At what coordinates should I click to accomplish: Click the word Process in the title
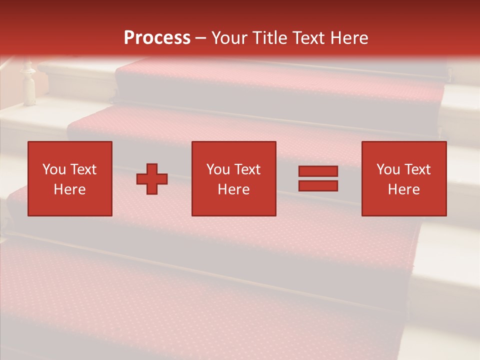tap(157, 38)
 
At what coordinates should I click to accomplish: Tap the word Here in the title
tap(348, 38)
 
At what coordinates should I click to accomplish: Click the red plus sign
tap(152, 178)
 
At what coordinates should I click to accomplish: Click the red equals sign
tap(318, 178)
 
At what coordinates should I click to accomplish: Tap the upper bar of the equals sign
tap(318, 171)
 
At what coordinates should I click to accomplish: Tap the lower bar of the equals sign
tap(318, 186)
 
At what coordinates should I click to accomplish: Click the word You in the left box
tap(54, 169)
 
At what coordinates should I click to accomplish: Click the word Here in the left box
tap(69, 189)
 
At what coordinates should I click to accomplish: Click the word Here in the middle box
tap(233, 189)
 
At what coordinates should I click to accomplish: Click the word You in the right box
tap(388, 169)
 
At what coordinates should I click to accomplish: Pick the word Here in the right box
tap(403, 189)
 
